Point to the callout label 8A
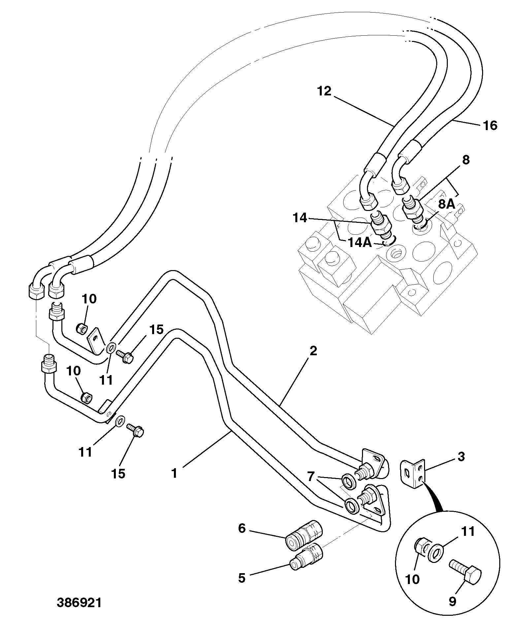(446, 204)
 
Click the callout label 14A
(360, 243)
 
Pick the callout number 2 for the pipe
(313, 351)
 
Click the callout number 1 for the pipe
(174, 474)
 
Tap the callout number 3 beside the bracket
(461, 457)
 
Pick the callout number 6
(242, 529)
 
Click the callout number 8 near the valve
(466, 160)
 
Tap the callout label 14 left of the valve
(300, 218)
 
